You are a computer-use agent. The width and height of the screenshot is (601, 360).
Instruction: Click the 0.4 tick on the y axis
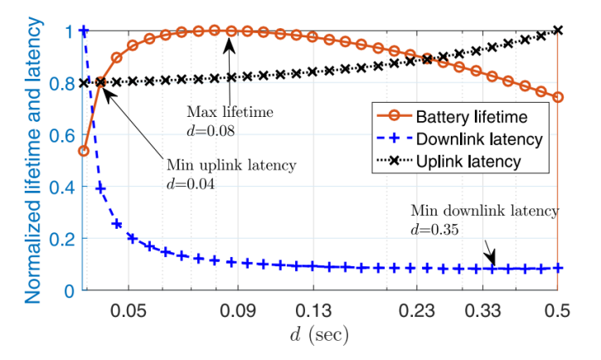click(x=62, y=187)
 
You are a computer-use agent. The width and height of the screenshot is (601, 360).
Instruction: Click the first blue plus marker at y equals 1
click(x=84, y=31)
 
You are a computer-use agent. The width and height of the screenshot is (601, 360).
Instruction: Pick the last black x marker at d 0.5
click(x=558, y=31)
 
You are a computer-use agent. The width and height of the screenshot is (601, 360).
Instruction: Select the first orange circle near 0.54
click(x=84, y=150)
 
